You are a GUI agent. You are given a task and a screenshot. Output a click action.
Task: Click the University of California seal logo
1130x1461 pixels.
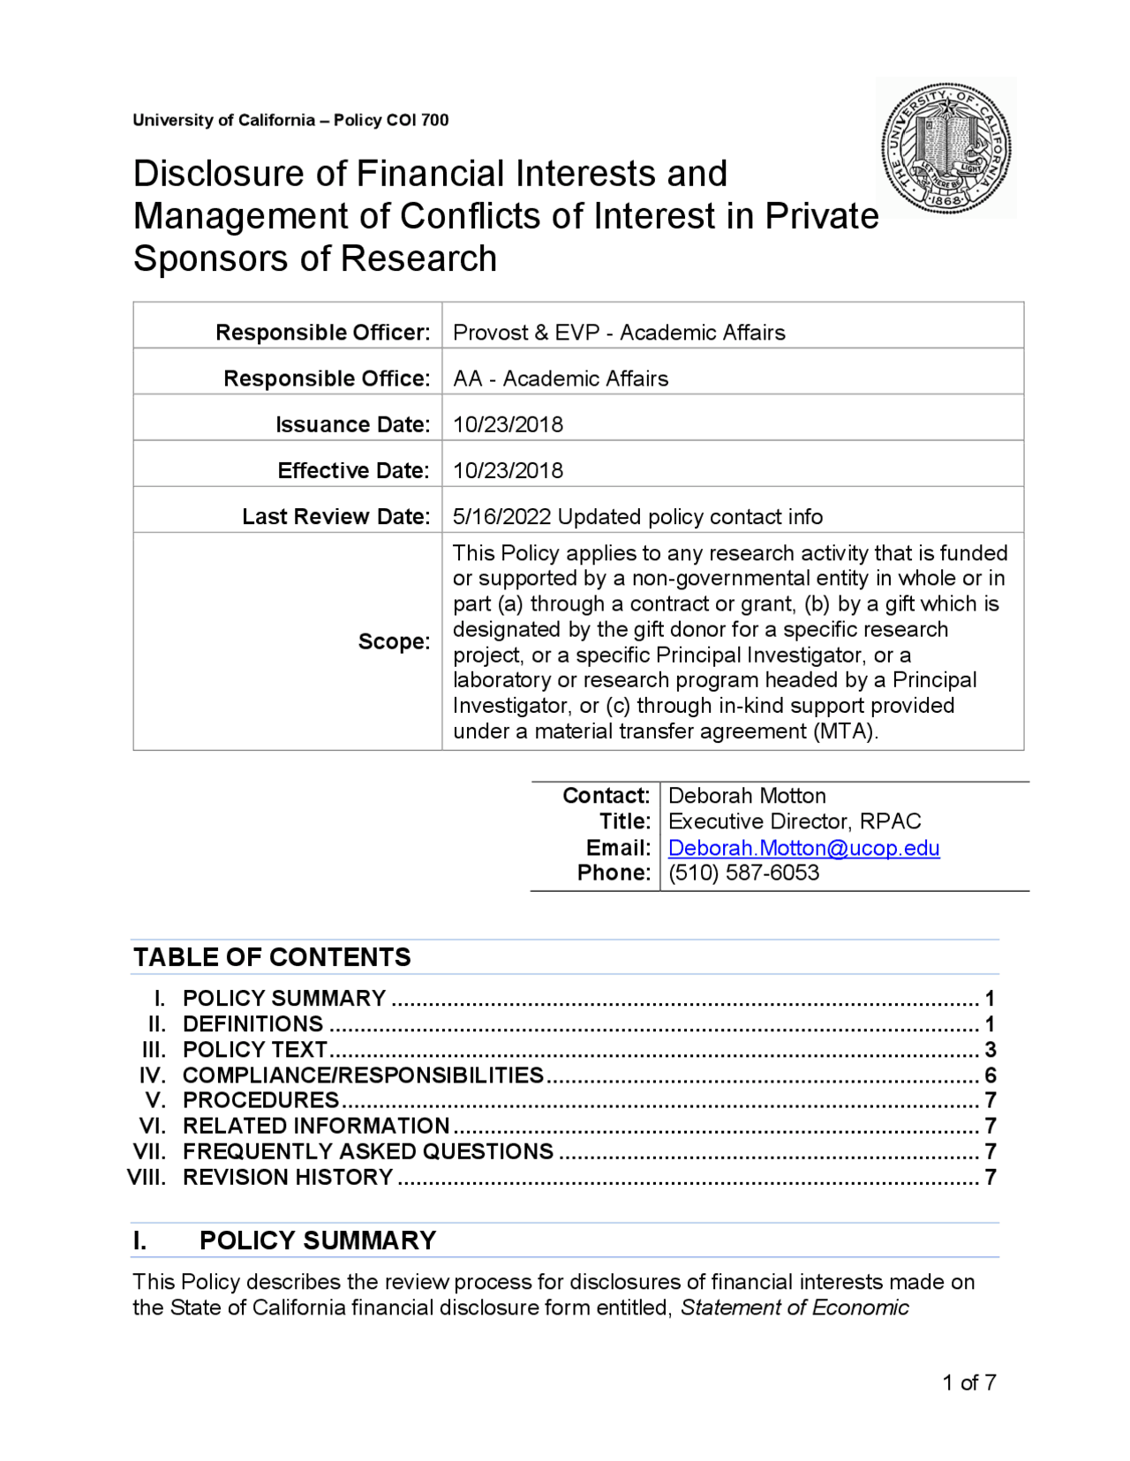pos(945,148)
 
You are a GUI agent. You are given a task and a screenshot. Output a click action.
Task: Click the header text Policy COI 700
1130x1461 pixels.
pos(391,120)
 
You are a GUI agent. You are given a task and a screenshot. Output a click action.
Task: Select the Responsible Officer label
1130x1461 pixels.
pos(322,333)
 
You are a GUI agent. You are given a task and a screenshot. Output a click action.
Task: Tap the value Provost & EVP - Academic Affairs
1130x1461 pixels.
pos(618,333)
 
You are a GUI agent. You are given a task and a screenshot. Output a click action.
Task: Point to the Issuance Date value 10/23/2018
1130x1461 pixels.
pos(508,424)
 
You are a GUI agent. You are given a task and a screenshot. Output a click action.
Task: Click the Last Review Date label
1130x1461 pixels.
pos(335,516)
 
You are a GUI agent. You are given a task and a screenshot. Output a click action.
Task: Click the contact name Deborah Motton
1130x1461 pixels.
pos(747,796)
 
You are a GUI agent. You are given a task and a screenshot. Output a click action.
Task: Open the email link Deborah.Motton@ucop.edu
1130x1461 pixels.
pos(803,848)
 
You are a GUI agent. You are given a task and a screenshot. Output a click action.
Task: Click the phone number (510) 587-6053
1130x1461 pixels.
pos(743,873)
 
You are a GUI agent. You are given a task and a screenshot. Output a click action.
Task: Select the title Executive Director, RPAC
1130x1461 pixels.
pos(795,821)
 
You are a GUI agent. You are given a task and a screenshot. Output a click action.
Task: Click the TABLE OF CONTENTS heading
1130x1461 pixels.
pos(272,957)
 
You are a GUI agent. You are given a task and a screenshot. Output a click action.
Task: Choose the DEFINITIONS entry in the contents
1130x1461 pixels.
pos(252,1024)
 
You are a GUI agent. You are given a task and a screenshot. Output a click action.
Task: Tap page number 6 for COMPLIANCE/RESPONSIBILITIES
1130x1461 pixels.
pos(990,1075)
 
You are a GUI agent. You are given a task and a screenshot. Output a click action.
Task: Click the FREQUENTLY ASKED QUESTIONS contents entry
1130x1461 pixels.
pos(367,1151)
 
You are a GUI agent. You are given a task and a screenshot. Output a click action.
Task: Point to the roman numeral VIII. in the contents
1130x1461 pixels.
pos(147,1177)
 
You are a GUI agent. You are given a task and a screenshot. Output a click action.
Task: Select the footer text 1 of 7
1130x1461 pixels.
pos(968,1382)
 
